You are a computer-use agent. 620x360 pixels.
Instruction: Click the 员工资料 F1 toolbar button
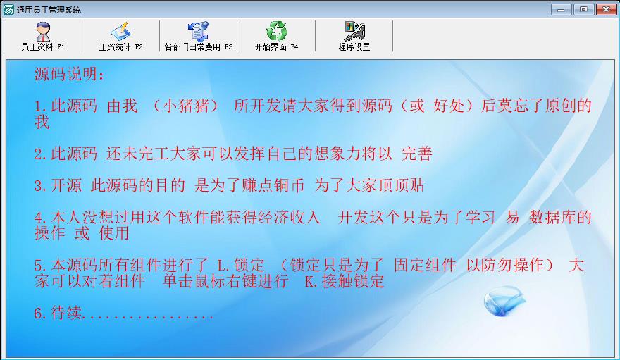(43, 37)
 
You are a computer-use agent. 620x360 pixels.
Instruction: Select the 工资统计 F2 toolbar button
(120, 37)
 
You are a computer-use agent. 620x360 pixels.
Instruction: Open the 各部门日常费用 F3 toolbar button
(199, 37)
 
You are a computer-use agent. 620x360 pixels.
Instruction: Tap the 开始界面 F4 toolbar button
(276, 37)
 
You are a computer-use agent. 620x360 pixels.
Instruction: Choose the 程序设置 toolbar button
(354, 37)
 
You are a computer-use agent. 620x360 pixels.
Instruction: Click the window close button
(606, 9)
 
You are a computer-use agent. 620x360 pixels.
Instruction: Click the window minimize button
(561, 9)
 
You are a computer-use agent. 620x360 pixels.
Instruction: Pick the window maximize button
(583, 9)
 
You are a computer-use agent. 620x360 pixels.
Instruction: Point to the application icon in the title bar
(8, 9)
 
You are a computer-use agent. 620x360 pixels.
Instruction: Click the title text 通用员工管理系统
(49, 10)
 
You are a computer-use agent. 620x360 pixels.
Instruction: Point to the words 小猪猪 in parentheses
(185, 106)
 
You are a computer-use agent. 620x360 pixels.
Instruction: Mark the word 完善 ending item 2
(417, 154)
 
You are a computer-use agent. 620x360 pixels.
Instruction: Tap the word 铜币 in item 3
(289, 185)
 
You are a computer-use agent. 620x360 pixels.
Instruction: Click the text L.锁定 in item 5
(241, 265)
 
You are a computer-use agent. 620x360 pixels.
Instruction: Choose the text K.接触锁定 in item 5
(345, 281)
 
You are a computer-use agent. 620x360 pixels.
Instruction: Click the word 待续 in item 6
(66, 313)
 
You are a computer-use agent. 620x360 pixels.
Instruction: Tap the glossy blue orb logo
(504, 301)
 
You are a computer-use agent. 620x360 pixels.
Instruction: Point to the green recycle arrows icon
(276, 31)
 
